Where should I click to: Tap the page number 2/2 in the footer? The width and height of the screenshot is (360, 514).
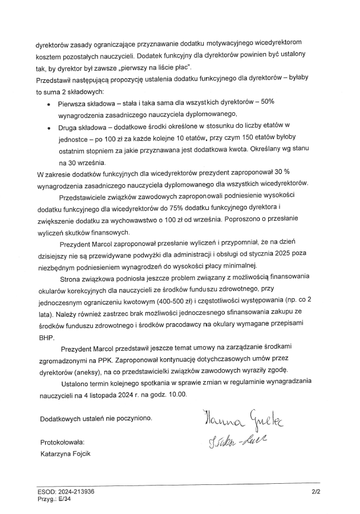[x=316, y=491]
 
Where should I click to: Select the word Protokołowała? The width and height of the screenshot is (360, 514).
[x=60, y=442]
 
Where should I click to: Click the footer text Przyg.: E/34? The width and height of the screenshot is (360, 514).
[x=53, y=498]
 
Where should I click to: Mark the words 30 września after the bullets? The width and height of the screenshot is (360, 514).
[x=83, y=163]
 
